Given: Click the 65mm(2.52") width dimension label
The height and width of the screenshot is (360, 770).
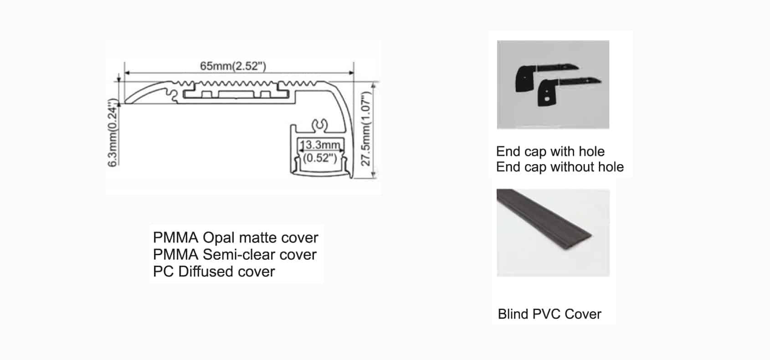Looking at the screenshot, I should coord(233,66).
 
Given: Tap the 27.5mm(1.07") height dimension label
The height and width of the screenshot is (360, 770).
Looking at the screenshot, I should coord(366,129).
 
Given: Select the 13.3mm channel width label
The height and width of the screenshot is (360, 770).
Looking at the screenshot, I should coord(320,145).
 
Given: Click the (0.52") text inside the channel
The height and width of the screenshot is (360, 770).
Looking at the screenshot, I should coord(320,158).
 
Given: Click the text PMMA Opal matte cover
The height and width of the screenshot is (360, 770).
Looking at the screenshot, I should coord(235,237).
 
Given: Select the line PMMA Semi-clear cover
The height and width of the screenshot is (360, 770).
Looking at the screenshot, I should coord(234,254).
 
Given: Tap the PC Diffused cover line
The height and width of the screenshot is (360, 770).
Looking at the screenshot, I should coord(214,271).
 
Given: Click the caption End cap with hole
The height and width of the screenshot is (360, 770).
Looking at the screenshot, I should coord(550,151).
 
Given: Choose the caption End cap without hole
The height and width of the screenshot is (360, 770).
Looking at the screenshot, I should coord(560,167).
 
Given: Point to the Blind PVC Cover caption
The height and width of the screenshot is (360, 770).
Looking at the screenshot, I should coord(549,314).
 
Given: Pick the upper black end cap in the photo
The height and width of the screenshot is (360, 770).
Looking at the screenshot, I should coord(529,78).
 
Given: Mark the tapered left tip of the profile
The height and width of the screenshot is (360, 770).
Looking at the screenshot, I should coord(128,101).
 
